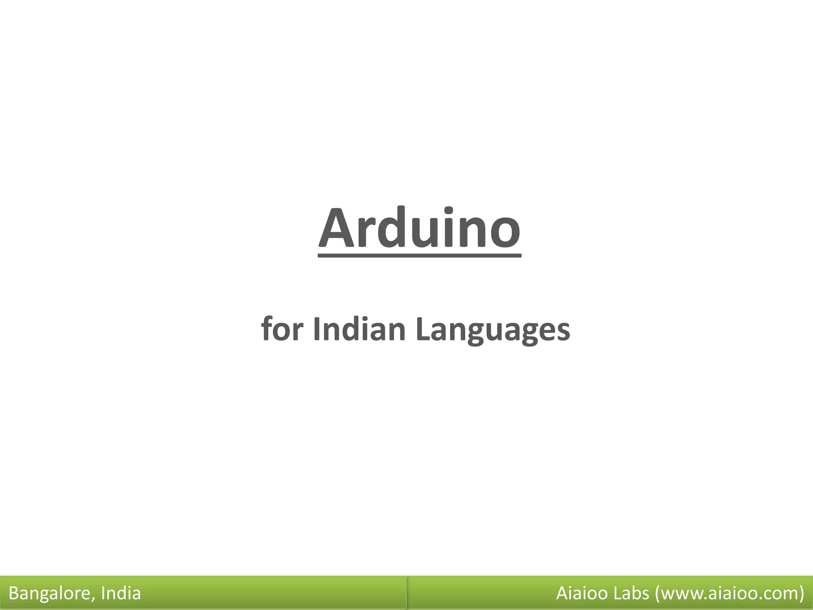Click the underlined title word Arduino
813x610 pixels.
pyautogui.click(x=419, y=230)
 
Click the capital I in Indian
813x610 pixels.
pyautogui.click(x=316, y=329)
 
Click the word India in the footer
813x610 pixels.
pyautogui.click(x=121, y=593)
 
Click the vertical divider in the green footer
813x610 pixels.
pyautogui.click(x=407, y=593)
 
